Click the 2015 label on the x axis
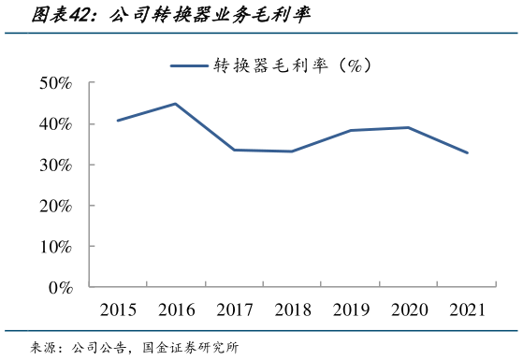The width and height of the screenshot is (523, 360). [x=118, y=310]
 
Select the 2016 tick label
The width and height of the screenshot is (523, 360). [x=176, y=310]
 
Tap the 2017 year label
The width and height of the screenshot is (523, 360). [x=234, y=310]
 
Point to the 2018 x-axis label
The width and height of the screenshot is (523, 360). [x=292, y=310]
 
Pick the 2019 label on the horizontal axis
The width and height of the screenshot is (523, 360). [x=350, y=310]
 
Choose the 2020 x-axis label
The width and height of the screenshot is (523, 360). [x=408, y=310]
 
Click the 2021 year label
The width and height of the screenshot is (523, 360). [x=467, y=310]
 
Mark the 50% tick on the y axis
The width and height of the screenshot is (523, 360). [x=56, y=83]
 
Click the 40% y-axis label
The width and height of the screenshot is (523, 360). [x=56, y=124]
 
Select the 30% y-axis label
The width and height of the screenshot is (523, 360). [x=56, y=165]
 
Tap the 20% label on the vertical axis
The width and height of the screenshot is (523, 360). [x=56, y=206]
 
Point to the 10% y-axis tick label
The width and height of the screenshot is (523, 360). [x=56, y=247]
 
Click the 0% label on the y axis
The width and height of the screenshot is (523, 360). [x=61, y=288]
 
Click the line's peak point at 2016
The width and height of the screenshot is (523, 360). [x=176, y=104]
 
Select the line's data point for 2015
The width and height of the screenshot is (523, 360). [x=118, y=121]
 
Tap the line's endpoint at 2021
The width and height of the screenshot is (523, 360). [x=467, y=153]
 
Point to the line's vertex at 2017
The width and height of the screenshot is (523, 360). [x=234, y=150]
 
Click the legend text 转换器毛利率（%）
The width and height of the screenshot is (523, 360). [x=293, y=65]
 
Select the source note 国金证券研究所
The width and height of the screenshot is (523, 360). [x=191, y=348]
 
